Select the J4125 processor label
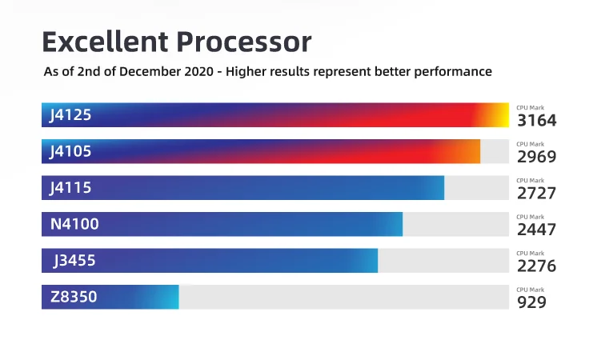tap(70, 115)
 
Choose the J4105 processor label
tap(70, 151)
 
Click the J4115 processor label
tap(70, 188)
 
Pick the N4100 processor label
tap(74, 224)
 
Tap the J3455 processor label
tap(74, 261)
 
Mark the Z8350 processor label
tap(74, 297)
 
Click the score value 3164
tap(536, 121)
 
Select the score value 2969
tap(536, 157)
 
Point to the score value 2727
tap(536, 194)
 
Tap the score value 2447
tap(536, 230)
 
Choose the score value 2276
tap(536, 266)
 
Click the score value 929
tap(531, 302)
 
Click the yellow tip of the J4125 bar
tap(502, 115)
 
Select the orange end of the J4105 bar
tap(472, 151)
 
